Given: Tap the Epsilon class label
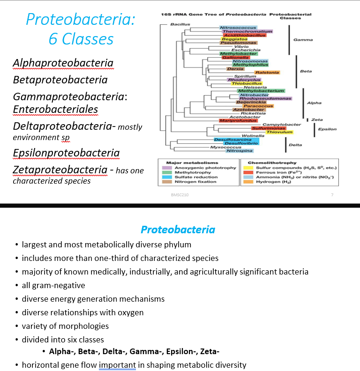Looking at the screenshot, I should pos(327,128).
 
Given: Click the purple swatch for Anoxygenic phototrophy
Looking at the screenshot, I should pos(167,168).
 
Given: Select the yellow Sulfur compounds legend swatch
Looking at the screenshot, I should pos(248,168).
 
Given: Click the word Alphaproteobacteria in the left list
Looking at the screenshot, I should pos(63,63).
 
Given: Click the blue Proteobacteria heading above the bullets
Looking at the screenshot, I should pos(178,230).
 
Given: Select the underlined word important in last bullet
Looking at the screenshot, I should pos(117,365).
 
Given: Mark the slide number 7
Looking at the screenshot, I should pos(331,194).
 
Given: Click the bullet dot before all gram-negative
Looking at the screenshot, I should pos(17,285).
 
